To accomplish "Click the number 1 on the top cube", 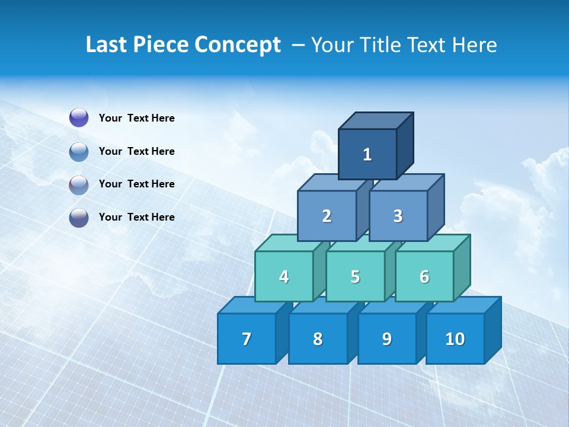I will pos(367,155).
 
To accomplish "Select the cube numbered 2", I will pos(327,216).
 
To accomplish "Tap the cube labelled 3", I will pos(398,216).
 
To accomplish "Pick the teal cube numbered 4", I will pos(284,276).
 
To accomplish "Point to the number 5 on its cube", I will pos(355,276).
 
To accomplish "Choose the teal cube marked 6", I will pos(424,276).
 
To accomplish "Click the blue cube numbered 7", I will pos(247,339).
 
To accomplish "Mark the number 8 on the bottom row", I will pos(318,339).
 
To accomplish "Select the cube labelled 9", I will pos(386,339).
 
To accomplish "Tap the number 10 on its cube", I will pos(455,339).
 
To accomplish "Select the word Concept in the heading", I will pos(238,44).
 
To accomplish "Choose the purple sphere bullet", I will pos(79,118).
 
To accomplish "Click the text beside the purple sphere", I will pos(136,118).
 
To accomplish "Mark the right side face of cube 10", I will pos(493,330).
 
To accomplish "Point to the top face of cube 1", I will pos(376,120).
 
